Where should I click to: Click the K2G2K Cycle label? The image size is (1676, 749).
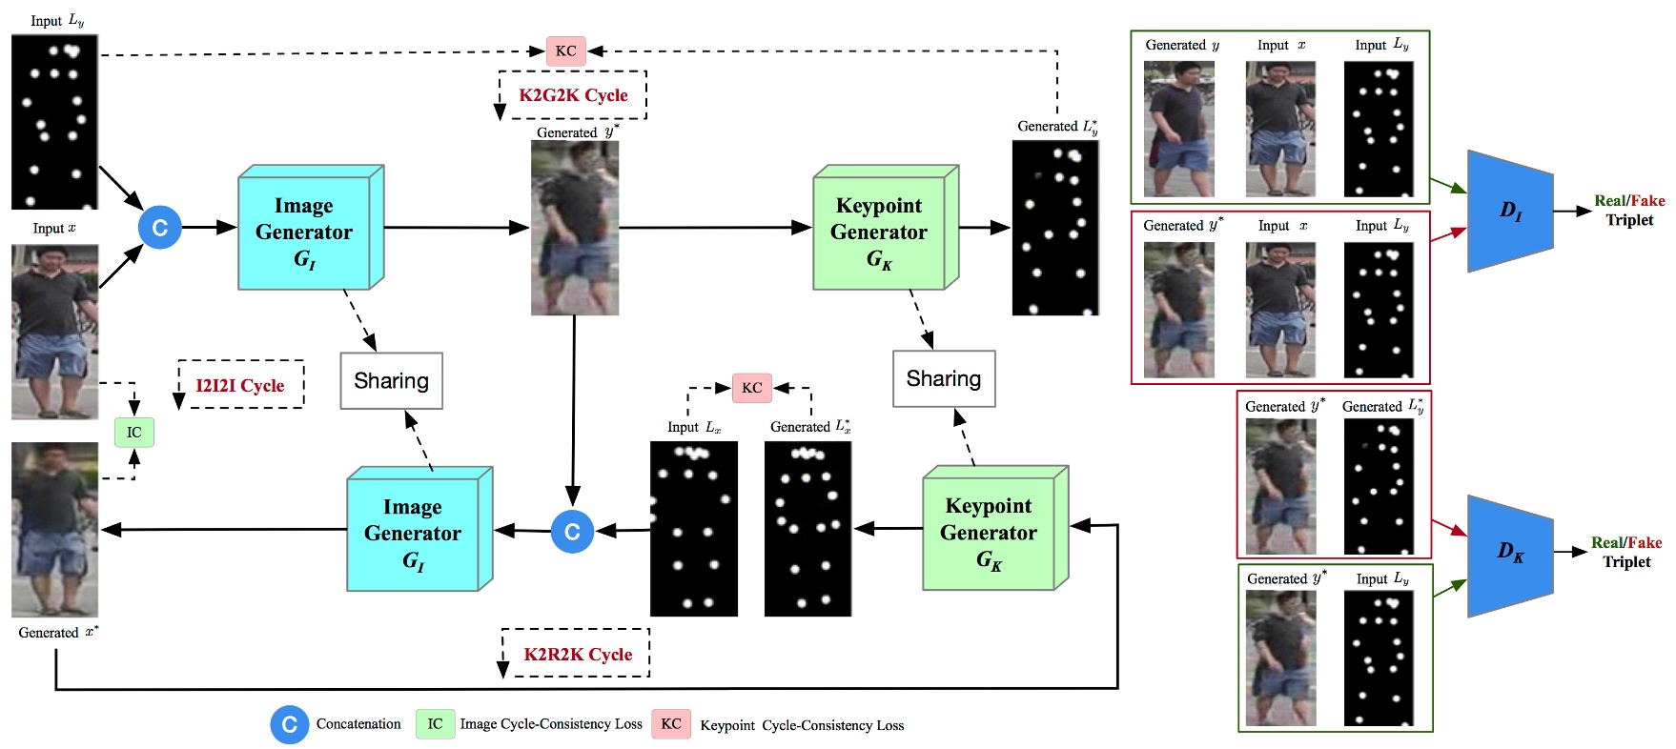point(573,95)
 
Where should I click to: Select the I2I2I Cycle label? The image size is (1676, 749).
point(240,385)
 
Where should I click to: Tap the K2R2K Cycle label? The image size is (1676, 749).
point(578,655)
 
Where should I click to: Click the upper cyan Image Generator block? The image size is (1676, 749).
point(304,233)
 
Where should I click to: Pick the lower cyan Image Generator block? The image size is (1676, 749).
point(413,534)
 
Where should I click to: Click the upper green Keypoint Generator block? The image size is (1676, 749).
point(879,233)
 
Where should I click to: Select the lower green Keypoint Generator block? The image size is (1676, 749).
point(989,533)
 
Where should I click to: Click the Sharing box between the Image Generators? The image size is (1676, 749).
point(391,381)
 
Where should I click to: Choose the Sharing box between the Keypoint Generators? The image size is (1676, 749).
point(944,379)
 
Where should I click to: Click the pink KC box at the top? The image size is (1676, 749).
point(565,51)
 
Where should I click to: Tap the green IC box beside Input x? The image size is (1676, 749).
point(134,433)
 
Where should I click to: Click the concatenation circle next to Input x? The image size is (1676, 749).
point(160,228)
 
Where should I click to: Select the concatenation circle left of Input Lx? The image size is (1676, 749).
point(572,532)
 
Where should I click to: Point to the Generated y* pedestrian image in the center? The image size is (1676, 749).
point(575,229)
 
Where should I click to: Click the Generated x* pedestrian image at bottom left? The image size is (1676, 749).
point(54,530)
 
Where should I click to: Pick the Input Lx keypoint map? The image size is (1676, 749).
point(693,529)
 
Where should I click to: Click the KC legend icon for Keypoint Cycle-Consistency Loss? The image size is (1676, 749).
point(671,724)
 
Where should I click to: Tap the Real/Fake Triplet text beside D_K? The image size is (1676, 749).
point(1626,552)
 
